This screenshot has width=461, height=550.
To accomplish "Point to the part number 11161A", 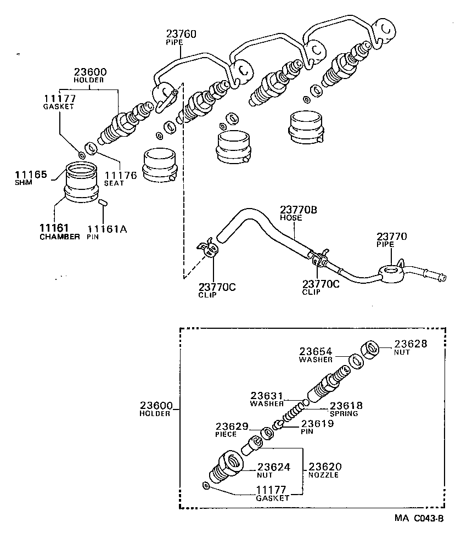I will [x=107, y=229].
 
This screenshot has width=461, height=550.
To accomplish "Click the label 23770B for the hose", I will [x=299, y=209].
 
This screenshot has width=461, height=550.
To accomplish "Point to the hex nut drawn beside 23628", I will [x=370, y=349].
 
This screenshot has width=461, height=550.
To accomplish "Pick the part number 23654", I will [x=316, y=351].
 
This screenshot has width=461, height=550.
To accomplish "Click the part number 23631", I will [x=267, y=395].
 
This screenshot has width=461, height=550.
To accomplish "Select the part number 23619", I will [x=317, y=423].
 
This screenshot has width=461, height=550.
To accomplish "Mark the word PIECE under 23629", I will [x=226, y=434].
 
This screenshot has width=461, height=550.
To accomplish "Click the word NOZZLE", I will [x=323, y=475].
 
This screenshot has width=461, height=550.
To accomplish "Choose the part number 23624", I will [x=273, y=467].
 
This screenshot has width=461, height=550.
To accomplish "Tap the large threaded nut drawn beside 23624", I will [x=226, y=467].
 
